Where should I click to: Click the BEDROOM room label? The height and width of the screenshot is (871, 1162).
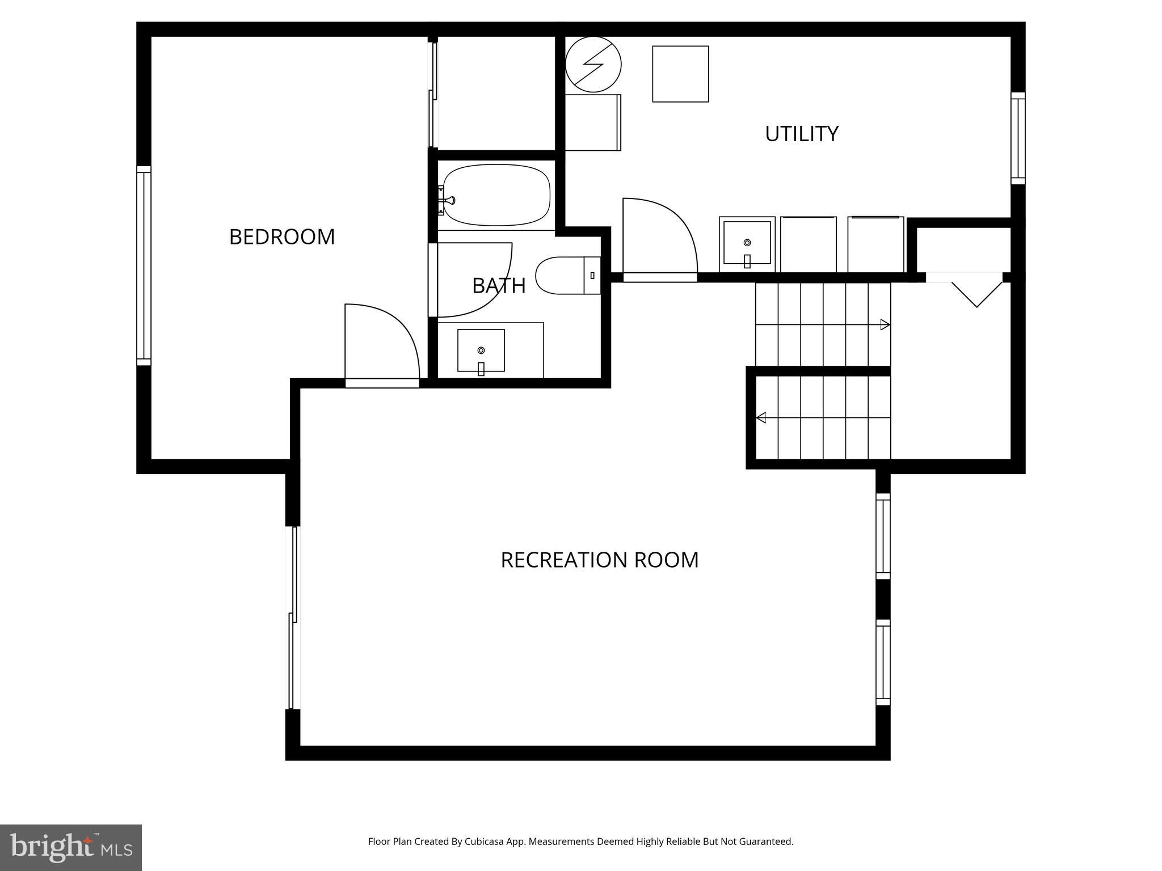282,237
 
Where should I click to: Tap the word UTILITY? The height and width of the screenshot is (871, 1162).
801,134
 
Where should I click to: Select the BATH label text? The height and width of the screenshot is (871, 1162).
499,286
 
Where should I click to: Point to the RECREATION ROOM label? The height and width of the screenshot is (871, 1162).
599,560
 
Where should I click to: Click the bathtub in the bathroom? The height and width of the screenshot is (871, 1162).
496,196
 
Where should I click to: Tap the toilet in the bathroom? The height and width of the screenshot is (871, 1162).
567,276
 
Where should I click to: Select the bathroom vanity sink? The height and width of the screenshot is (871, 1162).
481,350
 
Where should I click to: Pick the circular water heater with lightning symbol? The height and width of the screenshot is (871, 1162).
593,64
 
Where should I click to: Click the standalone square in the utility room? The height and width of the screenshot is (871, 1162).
680,74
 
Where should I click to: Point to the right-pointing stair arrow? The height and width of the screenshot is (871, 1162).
885,325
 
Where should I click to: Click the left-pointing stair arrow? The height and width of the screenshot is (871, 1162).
761,418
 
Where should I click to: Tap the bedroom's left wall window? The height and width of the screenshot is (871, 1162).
144,266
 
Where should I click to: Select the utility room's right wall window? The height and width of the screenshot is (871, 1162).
1018,138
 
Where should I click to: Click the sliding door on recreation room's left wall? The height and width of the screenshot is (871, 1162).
293,618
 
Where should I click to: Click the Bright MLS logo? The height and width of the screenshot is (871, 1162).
71,847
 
